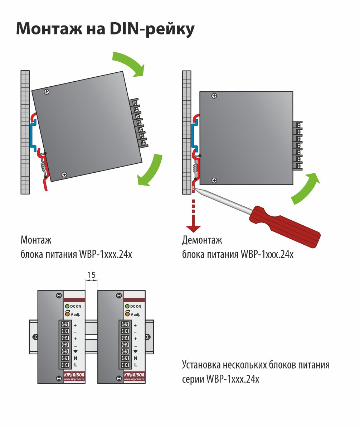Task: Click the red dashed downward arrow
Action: (194, 216)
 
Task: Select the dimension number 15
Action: (91, 275)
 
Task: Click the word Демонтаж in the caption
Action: (202, 240)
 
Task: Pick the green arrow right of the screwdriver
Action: (305, 188)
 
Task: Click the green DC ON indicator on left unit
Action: (67, 306)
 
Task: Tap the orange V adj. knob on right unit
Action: (127, 314)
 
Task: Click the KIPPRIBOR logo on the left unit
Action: (74, 375)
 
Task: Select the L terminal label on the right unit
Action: (136, 365)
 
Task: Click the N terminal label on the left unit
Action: (76, 358)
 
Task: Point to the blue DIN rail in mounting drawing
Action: (33, 135)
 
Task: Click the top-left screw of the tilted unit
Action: (47, 92)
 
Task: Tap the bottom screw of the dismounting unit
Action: (214, 180)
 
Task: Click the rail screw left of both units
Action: (35, 337)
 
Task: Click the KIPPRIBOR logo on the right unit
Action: (134, 375)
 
